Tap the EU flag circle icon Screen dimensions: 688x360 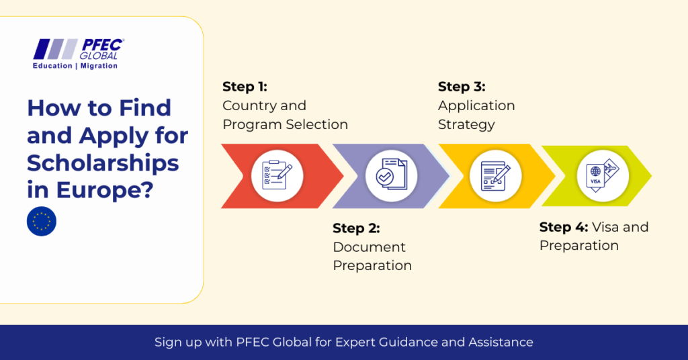[42, 222]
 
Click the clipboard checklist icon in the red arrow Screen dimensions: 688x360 [277, 175]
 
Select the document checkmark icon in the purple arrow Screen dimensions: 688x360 [392, 175]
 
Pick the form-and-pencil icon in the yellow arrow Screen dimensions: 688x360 [495, 176]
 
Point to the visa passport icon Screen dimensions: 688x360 [603, 175]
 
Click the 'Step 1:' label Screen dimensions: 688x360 [245, 87]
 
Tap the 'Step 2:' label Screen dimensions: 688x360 [356, 228]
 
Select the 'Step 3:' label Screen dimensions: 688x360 [462, 87]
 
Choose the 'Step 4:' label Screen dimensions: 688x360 [564, 227]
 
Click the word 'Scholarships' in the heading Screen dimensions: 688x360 [103, 164]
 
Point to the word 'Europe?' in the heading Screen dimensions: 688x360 [105, 190]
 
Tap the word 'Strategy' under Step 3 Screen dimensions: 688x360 [466, 125]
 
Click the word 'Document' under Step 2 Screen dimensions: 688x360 [369, 247]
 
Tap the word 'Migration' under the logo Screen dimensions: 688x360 [99, 66]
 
